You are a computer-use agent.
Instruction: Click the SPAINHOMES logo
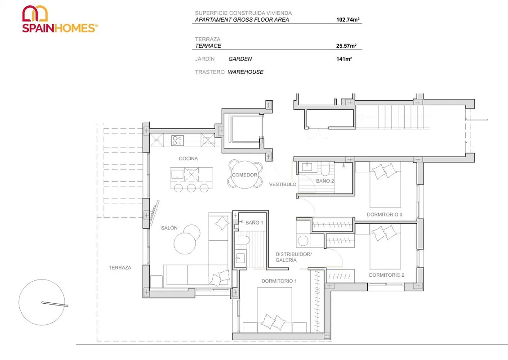coord(60,19)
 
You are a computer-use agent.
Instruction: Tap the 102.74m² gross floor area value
coord(348,19)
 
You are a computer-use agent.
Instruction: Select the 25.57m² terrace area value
coord(346,46)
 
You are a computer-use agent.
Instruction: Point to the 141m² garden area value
coord(344,58)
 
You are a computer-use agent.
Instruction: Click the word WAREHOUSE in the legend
coord(245,72)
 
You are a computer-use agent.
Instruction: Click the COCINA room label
coord(188,158)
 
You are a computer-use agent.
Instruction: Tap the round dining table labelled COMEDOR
coord(245,175)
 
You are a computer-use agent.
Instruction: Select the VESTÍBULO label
coord(282,184)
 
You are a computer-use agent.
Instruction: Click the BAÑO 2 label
coord(325,180)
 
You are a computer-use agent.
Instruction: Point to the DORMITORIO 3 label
coord(384,214)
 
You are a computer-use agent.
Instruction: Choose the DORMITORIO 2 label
coord(387,275)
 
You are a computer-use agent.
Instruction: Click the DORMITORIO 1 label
coord(279,281)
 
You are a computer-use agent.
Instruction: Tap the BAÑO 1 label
coord(254,222)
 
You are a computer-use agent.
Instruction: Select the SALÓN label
coord(169,228)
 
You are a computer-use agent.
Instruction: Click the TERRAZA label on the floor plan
coord(120,268)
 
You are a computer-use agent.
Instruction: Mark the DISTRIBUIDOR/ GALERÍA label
coord(294,257)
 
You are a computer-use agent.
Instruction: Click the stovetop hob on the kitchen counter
coord(178,140)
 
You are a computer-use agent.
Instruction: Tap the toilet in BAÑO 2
coord(325,169)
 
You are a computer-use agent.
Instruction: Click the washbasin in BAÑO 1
coord(241,258)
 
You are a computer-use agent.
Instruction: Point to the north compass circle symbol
coord(42,302)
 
